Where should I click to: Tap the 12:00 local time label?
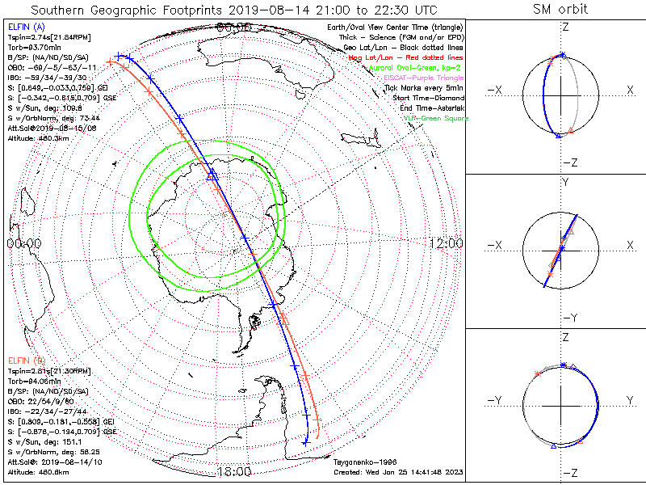pos(446,243)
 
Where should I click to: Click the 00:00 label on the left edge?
pos(23,243)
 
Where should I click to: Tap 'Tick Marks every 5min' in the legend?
pos(424,88)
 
